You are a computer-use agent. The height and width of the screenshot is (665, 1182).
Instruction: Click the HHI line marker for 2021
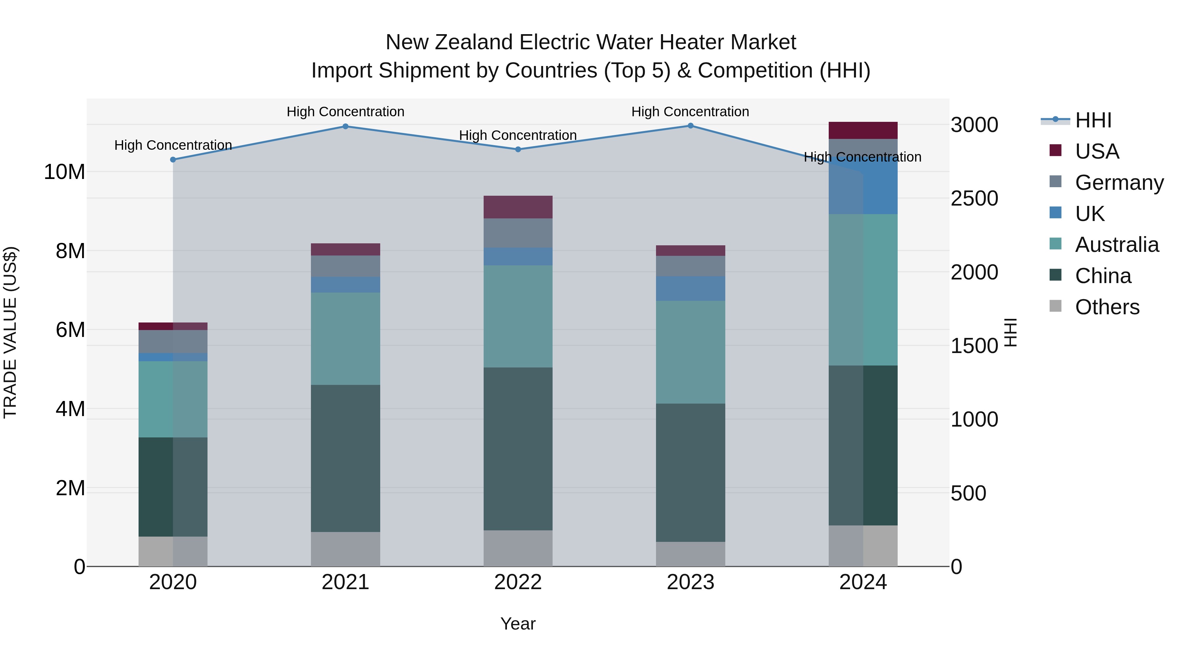coord(345,126)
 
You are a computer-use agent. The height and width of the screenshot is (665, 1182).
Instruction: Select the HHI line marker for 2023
coord(690,126)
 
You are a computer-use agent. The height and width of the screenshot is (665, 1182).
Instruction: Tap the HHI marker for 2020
coord(173,160)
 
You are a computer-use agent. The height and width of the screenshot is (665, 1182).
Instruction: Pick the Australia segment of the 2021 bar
coord(345,339)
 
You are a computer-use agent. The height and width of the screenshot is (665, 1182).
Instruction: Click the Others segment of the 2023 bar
coord(690,554)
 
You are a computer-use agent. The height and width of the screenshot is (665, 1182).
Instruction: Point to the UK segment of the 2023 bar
coord(690,288)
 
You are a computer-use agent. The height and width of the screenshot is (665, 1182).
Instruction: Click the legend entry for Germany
coord(1119,183)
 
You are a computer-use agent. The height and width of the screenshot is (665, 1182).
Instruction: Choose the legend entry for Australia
coord(1116,245)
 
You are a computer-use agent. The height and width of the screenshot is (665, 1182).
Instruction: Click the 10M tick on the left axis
coord(64,172)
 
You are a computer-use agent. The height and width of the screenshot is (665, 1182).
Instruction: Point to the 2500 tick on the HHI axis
coord(974,198)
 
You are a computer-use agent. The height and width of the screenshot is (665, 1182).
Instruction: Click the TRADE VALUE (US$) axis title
coord(10,332)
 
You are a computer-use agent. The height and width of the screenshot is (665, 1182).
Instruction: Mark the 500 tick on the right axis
coord(968,493)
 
